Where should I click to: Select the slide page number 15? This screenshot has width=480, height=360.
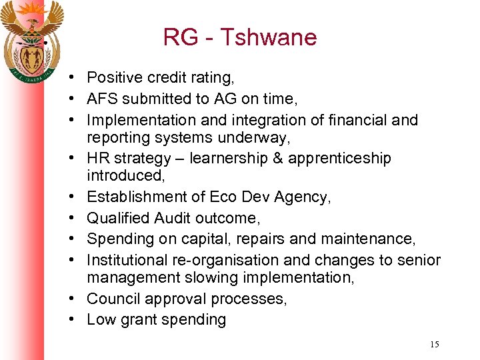435,344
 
